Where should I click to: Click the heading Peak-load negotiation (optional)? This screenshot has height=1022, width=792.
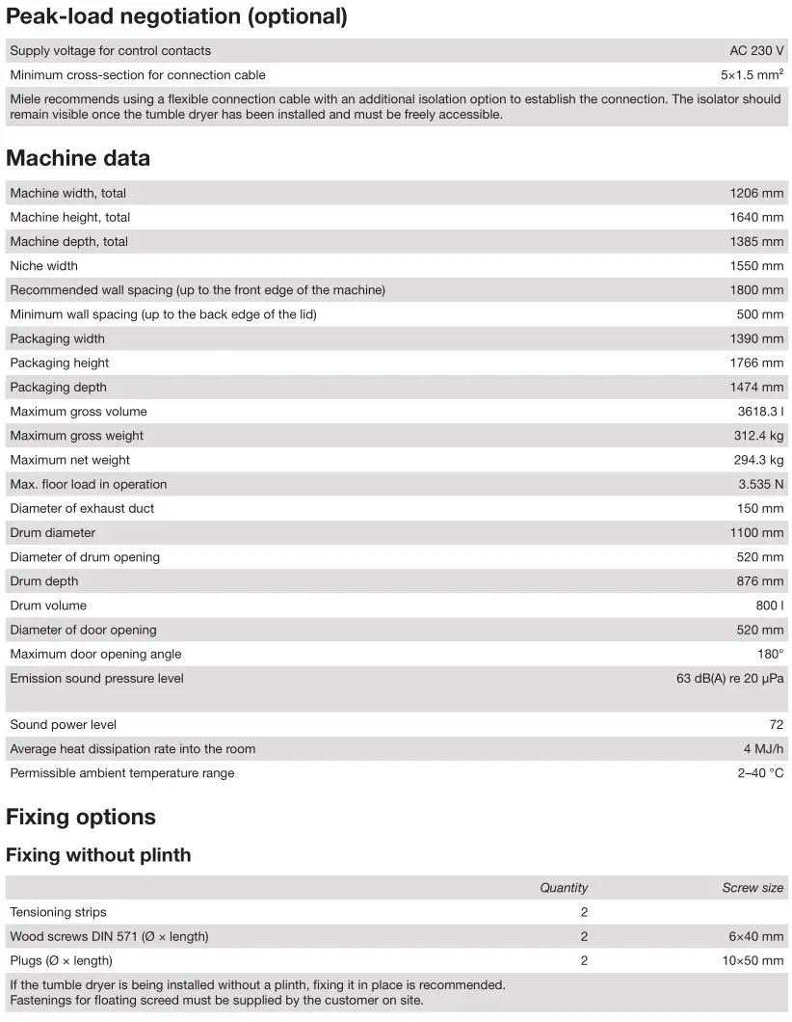(x=176, y=16)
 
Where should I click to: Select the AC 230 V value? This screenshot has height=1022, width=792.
(x=756, y=51)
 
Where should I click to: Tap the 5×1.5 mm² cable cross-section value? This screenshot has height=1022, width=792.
(x=752, y=75)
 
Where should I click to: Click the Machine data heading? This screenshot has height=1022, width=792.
(x=78, y=158)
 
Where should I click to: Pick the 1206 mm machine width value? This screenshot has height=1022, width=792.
(x=756, y=194)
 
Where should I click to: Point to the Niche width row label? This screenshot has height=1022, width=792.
(x=44, y=266)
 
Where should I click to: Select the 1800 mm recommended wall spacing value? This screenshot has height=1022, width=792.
(x=756, y=290)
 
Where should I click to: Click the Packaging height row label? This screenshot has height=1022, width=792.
(x=60, y=363)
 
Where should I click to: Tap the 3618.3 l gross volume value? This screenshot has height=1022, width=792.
(x=760, y=412)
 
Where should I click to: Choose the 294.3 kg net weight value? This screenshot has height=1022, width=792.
(x=758, y=461)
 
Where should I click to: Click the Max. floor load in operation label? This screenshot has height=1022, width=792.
(x=89, y=485)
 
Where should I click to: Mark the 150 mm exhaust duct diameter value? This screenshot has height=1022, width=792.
(x=760, y=509)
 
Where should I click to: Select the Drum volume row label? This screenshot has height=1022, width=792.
(x=48, y=606)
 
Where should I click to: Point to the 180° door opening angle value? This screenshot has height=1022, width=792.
(x=770, y=655)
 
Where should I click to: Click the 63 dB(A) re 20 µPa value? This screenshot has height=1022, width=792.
(x=729, y=679)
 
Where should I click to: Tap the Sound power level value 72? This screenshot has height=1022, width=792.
(x=777, y=725)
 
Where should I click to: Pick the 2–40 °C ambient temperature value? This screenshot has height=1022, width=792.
(x=760, y=773)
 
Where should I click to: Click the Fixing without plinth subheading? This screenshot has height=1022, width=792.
(x=98, y=855)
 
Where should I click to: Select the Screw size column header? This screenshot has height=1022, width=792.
(x=752, y=888)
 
